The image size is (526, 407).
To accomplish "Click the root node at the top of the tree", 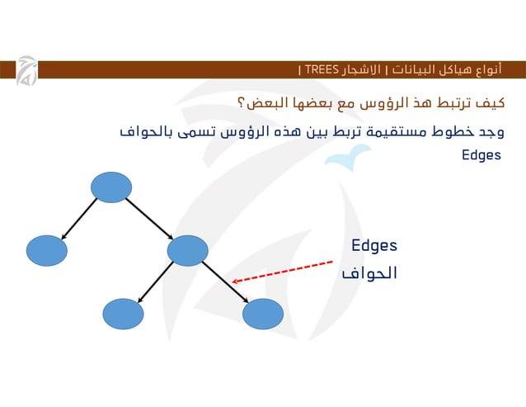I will click(x=110, y=187).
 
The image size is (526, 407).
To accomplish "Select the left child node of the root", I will click(x=46, y=250).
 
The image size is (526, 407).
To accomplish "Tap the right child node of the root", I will click(x=186, y=250).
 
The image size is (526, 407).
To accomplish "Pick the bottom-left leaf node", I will click(x=123, y=314).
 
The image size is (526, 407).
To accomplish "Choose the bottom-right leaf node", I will click(x=263, y=314).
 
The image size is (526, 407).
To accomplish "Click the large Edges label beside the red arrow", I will click(x=374, y=245).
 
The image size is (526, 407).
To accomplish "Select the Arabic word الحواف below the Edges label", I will click(x=369, y=272).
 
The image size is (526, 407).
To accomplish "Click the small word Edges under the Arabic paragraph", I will click(x=481, y=155).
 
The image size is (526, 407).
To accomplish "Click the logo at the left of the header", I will click(x=26, y=73).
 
